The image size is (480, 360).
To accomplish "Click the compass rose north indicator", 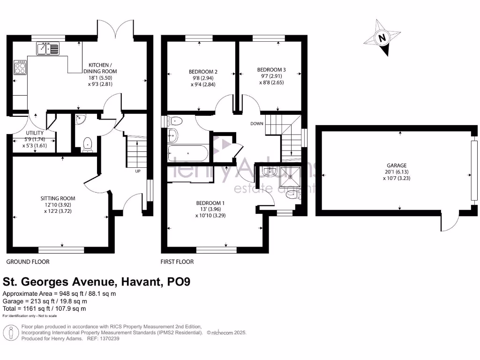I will point(382,38).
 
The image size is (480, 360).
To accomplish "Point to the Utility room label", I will point(34,139).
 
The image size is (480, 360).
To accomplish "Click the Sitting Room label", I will point(58,205).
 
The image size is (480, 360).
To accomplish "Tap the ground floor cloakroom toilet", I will point(87,144).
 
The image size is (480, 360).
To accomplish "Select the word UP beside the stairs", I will point(138,171).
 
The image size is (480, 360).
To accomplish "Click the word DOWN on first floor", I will point(257,124).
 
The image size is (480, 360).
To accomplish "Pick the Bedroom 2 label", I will point(201,78).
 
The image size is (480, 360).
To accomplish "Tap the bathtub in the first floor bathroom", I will point(187,153).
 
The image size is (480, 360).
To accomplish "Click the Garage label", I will point(397,172).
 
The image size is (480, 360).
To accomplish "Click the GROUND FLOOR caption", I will point(28,262).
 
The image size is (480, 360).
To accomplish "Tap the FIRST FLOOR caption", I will point(177,262).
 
